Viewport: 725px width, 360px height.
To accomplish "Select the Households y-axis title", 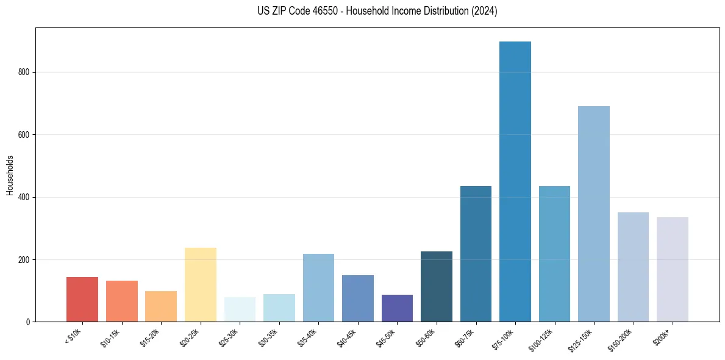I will coord(10,175).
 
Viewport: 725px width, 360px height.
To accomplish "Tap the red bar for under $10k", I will coord(82,299).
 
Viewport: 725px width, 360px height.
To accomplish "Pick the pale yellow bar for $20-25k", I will coord(201,284).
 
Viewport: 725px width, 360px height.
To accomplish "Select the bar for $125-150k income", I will coord(594,214).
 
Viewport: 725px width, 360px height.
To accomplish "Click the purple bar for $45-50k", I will coord(397,308).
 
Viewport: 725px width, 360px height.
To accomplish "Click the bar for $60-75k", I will coord(476,253).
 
